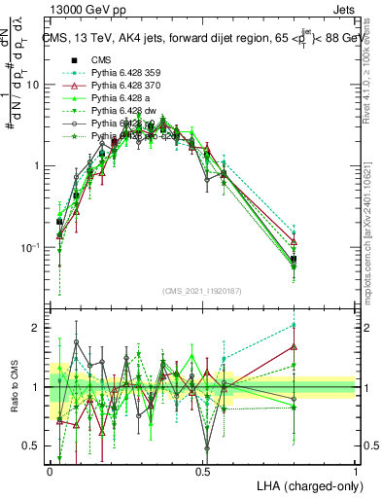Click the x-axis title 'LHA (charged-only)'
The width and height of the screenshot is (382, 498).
303,485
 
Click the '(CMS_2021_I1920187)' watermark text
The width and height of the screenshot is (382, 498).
202,291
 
